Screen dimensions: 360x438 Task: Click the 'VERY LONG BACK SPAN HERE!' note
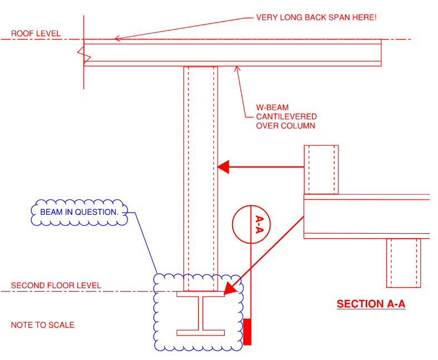tap(316, 17)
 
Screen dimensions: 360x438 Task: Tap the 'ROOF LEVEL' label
tap(36, 34)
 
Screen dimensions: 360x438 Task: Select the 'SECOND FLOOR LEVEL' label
tap(56, 285)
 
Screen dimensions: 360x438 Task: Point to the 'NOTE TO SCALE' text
tap(42, 325)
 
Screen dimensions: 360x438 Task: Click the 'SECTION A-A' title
tap(371, 304)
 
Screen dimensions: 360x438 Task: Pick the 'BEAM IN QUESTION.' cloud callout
tap(79, 212)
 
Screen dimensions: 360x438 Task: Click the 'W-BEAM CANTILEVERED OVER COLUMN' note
tap(286, 116)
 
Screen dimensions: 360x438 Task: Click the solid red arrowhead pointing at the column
tap(223, 166)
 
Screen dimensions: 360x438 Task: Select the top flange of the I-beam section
tap(201, 294)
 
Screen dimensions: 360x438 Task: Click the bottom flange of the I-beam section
tap(201, 333)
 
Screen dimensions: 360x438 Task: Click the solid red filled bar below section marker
tap(247, 332)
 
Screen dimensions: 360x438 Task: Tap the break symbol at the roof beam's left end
tap(84, 55)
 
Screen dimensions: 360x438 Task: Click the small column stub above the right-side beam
tap(321, 170)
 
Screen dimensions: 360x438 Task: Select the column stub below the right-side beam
tap(403, 263)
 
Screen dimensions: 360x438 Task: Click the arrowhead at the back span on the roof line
tap(117, 38)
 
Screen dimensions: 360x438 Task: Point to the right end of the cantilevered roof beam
tap(380, 52)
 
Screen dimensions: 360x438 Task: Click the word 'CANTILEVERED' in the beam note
tap(286, 116)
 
